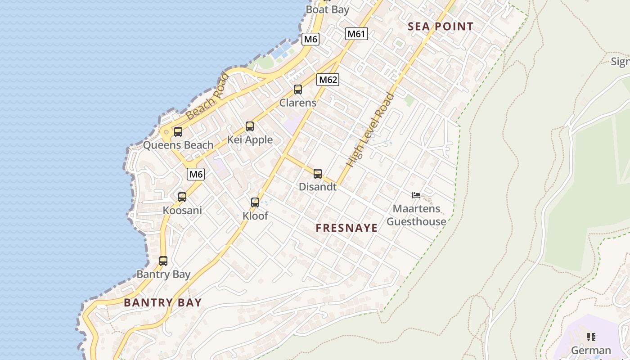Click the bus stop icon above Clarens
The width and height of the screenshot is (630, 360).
pyautogui.click(x=298, y=90)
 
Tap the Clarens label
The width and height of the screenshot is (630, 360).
pyautogui.click(x=298, y=103)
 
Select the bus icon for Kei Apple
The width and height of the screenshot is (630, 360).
pyautogui.click(x=250, y=126)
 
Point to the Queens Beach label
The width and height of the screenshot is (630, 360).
pyautogui.click(x=178, y=145)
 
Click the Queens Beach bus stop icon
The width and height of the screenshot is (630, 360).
pyautogui.click(x=178, y=132)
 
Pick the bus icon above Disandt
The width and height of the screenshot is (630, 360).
pyautogui.click(x=318, y=173)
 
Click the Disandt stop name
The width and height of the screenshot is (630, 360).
pyautogui.click(x=318, y=187)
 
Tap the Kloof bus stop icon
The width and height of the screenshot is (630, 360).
pyautogui.click(x=255, y=202)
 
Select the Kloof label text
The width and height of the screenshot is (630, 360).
pyautogui.click(x=255, y=216)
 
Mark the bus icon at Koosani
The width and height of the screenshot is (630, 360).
pyautogui.click(x=182, y=197)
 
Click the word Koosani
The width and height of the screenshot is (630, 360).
pyautogui.click(x=182, y=211)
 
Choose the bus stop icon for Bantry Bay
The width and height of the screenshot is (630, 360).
pyautogui.click(x=163, y=261)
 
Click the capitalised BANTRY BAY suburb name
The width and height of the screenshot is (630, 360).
pyautogui.click(x=163, y=302)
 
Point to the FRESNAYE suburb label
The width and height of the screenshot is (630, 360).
pyautogui.click(x=346, y=228)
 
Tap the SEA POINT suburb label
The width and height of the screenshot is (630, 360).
pyautogui.click(x=441, y=27)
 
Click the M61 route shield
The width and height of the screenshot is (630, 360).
pyautogui.click(x=357, y=34)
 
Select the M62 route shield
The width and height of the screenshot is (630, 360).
pyautogui.click(x=328, y=80)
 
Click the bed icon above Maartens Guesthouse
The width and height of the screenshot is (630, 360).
pyautogui.click(x=416, y=195)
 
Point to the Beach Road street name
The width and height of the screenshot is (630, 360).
pyautogui.click(x=207, y=97)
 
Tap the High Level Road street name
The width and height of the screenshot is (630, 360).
pyautogui.click(x=371, y=130)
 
